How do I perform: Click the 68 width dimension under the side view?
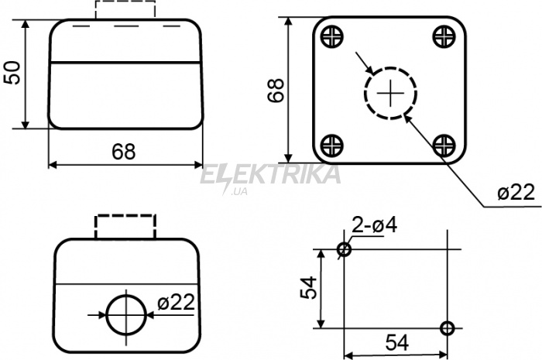[x=124, y=151]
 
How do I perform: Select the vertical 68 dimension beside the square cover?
[x=276, y=91]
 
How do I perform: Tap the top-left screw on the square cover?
[x=332, y=36]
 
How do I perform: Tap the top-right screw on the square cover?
[x=444, y=36]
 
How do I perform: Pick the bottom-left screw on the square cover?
[x=332, y=145]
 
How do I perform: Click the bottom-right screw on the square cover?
[x=444, y=145]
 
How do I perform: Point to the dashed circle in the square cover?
[x=364, y=93]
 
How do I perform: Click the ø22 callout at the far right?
[x=516, y=193]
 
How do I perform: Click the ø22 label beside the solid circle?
[x=176, y=303]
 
